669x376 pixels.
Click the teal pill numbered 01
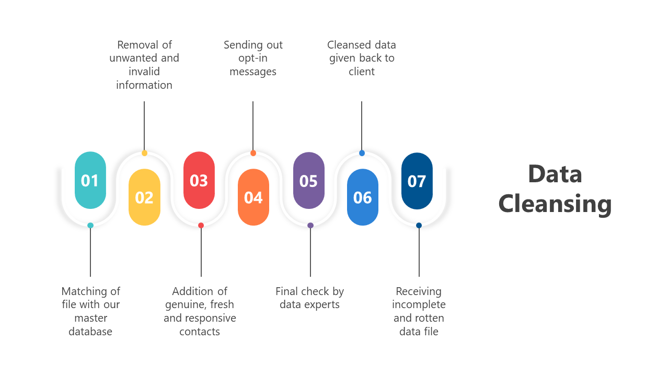coord(90,180)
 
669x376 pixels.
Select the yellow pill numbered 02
coord(144,197)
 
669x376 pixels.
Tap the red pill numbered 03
coord(199,180)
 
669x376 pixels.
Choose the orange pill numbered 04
coord(253,197)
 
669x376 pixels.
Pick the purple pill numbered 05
coord(308,180)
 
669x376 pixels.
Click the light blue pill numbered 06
coord(363,197)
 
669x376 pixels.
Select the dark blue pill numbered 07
coord(417,181)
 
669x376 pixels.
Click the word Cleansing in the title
coord(555,203)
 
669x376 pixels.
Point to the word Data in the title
coord(555,174)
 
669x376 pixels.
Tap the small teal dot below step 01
coord(90,226)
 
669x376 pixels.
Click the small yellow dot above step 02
coord(144,153)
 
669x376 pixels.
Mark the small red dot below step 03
coord(201,226)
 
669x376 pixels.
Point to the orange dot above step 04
coord(253,153)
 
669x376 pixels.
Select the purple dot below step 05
coord(310,226)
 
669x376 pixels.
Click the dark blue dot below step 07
coord(419,226)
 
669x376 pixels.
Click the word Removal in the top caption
coord(137,45)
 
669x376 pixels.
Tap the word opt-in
coord(253,58)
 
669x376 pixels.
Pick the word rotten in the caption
coord(429,318)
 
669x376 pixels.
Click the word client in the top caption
coord(362,72)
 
